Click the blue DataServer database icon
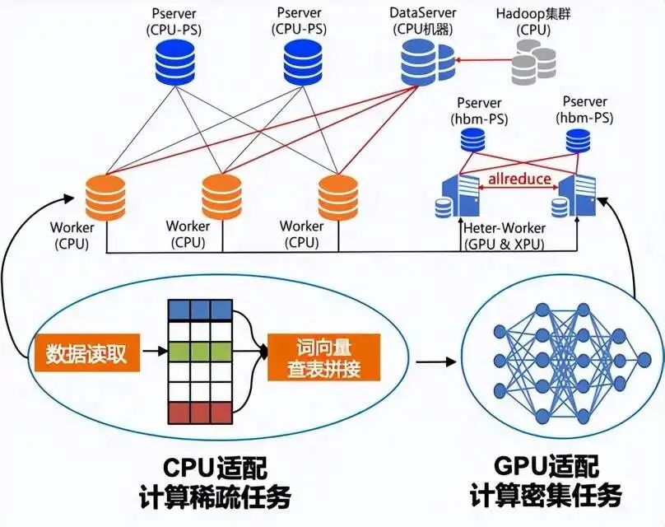coord(426,63)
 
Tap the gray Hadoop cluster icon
coord(533,62)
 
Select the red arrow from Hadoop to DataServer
coord(482,60)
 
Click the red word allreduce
coord(519,179)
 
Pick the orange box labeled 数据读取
coord(87,352)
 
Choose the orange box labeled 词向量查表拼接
coord(323,357)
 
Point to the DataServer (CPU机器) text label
coord(423,21)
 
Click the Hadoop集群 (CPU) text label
coord(533,21)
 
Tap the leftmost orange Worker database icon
coord(105,198)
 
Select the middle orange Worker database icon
coord(221,197)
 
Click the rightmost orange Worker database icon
coord(338,198)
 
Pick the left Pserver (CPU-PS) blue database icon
coord(174,63)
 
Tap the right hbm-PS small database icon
coord(578,141)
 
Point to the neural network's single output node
coord(644,360)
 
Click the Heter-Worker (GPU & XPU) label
coord(505,236)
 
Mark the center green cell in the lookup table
coord(201,352)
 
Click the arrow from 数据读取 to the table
coord(155,352)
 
